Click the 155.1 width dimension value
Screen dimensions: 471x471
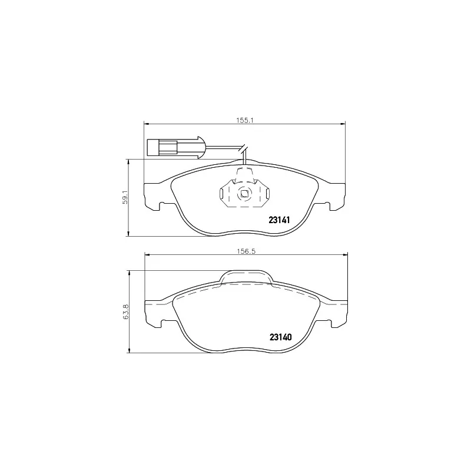point(244,120)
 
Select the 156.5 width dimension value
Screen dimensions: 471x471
point(244,250)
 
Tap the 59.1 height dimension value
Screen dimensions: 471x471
point(125,197)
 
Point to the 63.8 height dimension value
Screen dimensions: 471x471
point(125,312)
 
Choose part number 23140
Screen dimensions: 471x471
point(280,337)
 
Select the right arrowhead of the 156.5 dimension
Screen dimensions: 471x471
point(343,254)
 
